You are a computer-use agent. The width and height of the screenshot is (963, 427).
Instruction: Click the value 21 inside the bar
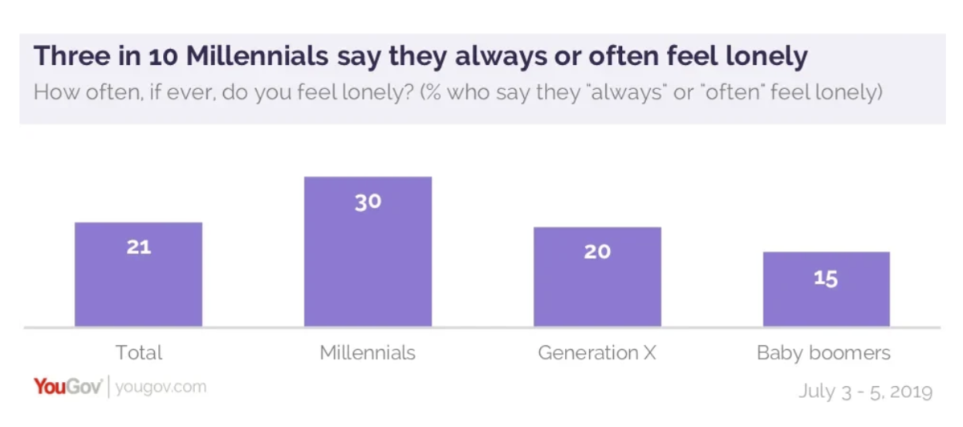[138, 247]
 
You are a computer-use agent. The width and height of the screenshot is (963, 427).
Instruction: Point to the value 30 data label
[368, 201]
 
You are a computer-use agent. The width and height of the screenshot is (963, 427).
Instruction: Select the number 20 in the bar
[597, 252]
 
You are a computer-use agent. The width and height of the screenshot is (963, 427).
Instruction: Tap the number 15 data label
[826, 279]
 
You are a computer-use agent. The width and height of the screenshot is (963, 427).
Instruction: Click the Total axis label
[138, 352]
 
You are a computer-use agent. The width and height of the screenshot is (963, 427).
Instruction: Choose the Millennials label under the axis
[368, 352]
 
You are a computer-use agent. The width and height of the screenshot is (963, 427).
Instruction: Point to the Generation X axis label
[597, 352]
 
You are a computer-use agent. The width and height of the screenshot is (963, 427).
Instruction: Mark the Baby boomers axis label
[824, 352]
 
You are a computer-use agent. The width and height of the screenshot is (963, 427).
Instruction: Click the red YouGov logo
[67, 387]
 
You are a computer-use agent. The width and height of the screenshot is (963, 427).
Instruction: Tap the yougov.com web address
[160, 387]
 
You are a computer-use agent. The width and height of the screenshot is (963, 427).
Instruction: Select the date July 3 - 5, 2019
[865, 392]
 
